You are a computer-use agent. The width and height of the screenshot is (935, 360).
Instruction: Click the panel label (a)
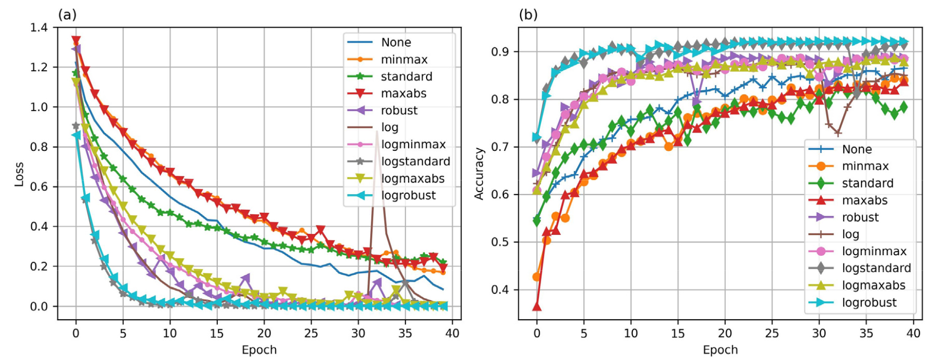click(68, 15)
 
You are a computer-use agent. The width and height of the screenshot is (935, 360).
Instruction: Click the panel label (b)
click(528, 15)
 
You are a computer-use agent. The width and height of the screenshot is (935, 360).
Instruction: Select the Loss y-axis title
click(19, 174)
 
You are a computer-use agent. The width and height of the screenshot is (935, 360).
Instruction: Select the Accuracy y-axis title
click(479, 174)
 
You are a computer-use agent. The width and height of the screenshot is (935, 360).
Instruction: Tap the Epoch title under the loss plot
click(259, 350)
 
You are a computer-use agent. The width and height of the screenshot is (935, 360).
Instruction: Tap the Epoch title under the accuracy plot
click(720, 350)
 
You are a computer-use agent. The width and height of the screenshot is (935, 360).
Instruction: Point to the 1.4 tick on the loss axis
click(39, 28)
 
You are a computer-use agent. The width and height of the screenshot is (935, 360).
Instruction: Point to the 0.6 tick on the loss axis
click(39, 187)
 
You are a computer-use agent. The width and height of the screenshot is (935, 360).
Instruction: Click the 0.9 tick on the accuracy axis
click(500, 52)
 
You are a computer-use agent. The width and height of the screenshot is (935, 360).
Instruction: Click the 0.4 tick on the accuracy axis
click(500, 290)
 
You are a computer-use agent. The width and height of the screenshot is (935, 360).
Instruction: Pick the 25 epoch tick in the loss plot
click(311, 333)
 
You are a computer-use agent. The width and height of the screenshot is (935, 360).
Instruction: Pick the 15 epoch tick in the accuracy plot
click(678, 333)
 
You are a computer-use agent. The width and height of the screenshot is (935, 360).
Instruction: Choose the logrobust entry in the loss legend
click(408, 196)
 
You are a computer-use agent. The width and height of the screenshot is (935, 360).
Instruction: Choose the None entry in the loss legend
click(396, 42)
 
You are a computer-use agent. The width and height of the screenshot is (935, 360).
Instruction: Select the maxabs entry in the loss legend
click(403, 93)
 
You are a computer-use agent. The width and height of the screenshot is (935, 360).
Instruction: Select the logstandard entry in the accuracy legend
click(876, 268)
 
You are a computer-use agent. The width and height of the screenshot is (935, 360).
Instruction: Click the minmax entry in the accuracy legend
click(865, 166)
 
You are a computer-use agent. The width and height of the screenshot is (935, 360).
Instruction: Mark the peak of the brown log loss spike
click(377, 132)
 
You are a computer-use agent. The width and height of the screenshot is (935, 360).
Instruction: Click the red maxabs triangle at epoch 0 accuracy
click(537, 307)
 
